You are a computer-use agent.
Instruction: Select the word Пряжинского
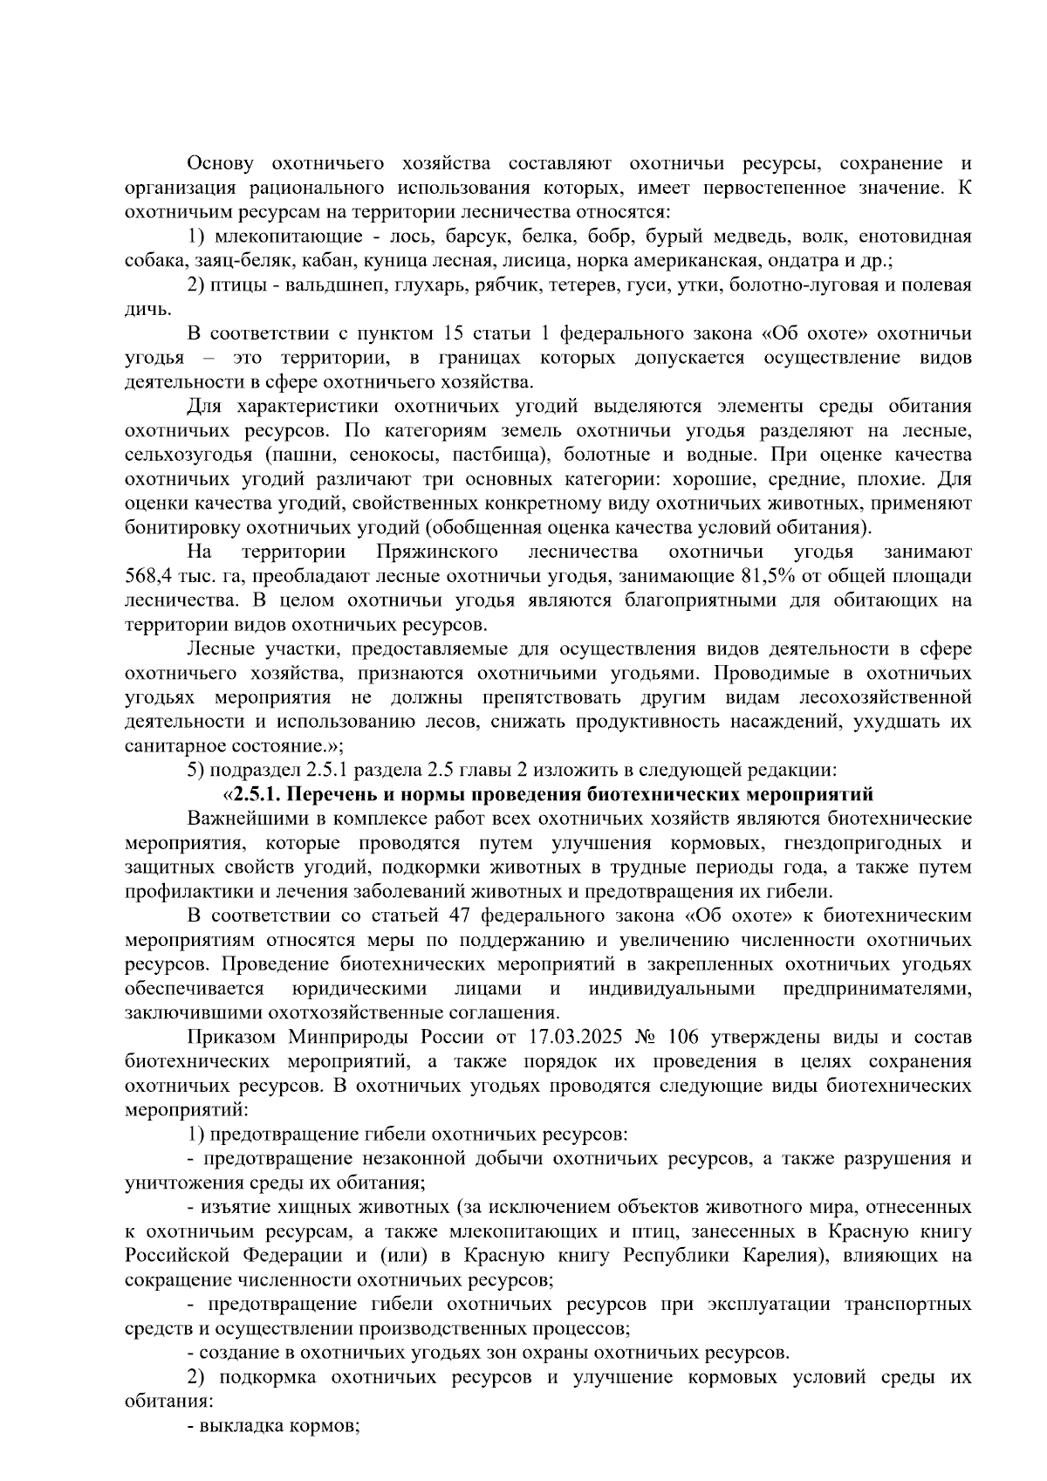pos(437,552)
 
